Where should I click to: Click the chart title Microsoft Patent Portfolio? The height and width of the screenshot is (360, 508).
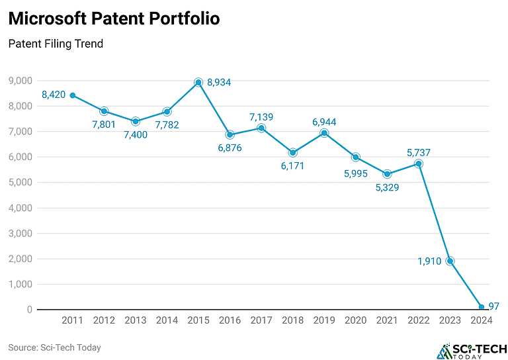coord(114,19)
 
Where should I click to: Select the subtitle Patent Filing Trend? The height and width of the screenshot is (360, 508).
coord(56,44)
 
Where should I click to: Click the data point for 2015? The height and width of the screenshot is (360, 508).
coord(198,83)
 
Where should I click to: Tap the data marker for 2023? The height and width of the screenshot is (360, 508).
coord(450,261)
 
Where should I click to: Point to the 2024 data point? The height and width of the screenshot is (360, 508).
coord(482,306)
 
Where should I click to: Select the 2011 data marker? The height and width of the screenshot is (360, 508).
coord(73,95)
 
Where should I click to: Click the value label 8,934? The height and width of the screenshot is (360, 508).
coord(219,83)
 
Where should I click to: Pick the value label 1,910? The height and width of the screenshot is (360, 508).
coord(429,261)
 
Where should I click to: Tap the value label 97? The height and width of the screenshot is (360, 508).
coord(495,306)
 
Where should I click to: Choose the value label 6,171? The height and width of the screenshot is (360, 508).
coord(293,166)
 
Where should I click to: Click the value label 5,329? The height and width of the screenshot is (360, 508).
coord(388,188)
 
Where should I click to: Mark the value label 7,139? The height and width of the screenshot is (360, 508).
coord(261,117)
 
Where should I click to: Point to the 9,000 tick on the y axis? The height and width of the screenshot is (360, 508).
coord(21,81)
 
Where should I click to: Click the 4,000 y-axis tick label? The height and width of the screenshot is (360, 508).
coord(21,208)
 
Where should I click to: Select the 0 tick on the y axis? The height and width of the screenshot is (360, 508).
coord(30,309)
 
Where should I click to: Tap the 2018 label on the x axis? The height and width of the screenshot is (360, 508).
coord(293,321)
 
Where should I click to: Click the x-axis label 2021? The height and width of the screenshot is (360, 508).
coord(387,321)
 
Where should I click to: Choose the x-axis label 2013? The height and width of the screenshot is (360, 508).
coord(136,321)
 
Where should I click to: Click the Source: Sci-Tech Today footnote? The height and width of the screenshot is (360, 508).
coord(54,347)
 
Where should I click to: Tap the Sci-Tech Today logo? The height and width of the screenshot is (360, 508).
coord(470,350)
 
